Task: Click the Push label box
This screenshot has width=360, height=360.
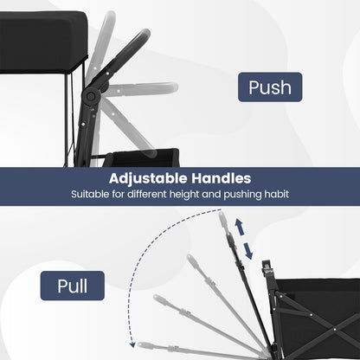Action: pos(270,87)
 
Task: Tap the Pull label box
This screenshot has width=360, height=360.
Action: pos(73,286)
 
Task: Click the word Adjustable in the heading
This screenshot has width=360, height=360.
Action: pos(148,179)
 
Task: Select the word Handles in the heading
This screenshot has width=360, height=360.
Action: pos(222,178)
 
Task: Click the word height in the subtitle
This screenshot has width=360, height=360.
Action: pos(184,194)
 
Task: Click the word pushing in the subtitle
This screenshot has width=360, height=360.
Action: pos(242,195)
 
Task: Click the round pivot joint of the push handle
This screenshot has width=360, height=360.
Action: pos(91,96)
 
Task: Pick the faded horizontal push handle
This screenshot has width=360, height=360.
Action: pos(141,88)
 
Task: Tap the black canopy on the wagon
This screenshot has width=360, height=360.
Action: pos(43,42)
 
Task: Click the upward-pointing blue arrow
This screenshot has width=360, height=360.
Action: pos(239,227)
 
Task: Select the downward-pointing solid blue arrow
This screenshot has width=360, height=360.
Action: pos(248,251)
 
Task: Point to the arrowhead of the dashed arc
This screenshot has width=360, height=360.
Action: pos(132,344)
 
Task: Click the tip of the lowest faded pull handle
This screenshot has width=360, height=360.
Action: pos(139,344)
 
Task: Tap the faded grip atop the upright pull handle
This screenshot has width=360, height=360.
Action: pos(223,219)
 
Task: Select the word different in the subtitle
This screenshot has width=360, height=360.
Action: pos(147,194)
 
